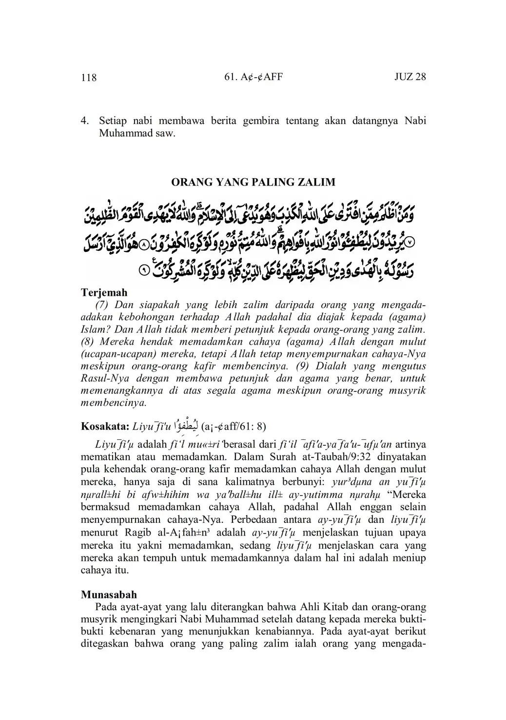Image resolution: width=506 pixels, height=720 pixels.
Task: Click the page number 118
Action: pyautogui.click(x=89, y=78)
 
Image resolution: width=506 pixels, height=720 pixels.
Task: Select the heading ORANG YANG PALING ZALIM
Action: pyautogui.click(x=253, y=183)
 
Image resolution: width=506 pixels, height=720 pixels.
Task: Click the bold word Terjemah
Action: pyautogui.click(x=104, y=293)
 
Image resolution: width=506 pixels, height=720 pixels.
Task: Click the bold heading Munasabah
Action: pyautogui.click(x=109, y=595)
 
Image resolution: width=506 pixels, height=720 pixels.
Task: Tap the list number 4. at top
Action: pyautogui.click(x=85, y=120)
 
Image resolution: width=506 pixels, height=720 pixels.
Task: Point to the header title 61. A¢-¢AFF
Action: pyautogui.click(x=253, y=77)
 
